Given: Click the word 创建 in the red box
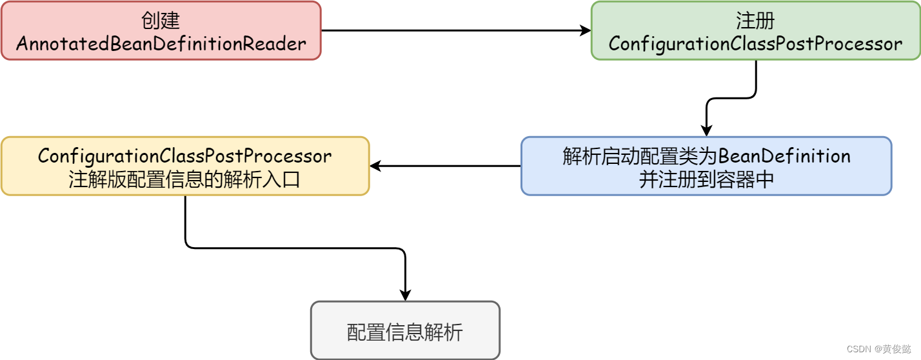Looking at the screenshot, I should click(161, 21).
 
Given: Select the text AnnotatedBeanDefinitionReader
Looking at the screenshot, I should click(161, 44).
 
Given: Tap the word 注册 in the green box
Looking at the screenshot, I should click(755, 21).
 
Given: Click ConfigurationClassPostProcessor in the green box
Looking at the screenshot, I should click(755, 44).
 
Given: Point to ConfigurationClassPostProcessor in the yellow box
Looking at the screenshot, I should click(185, 156).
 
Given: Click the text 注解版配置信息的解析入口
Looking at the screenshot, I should click(185, 179).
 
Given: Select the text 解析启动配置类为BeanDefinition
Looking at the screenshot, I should click(706, 156).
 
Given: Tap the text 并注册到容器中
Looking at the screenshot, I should click(706, 179).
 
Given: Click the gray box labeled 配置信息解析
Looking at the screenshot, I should click(405, 330).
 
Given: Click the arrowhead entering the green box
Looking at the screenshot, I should click(586, 30).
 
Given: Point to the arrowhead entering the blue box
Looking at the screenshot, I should click(706, 131).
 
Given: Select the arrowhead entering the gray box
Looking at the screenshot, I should click(405, 295).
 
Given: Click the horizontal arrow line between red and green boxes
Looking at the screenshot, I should click(451, 30).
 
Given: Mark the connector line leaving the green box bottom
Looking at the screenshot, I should click(755, 81).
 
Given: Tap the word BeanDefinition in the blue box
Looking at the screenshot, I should click(784, 156).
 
